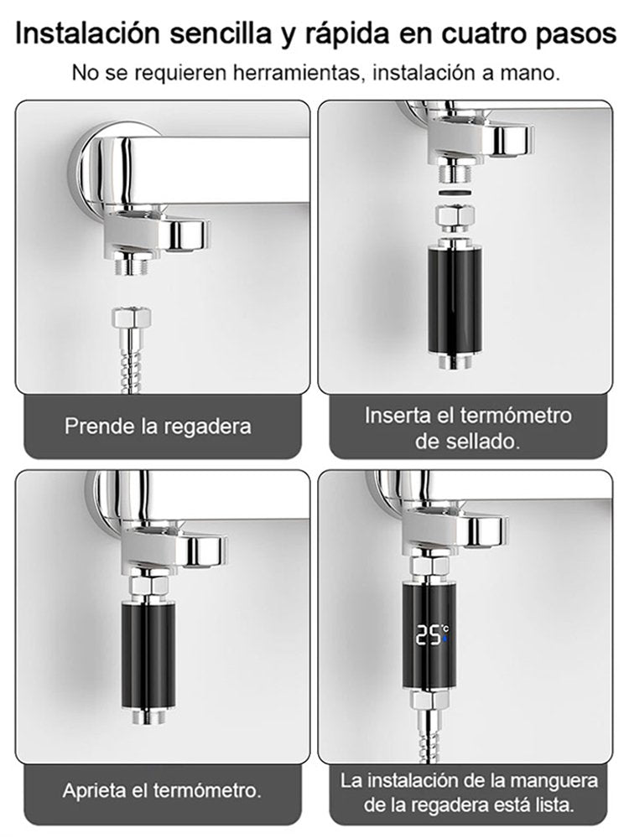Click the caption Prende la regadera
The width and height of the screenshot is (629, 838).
[158, 426]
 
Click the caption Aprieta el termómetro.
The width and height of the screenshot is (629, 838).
[162, 790]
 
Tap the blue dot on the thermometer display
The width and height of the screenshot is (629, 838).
[446, 639]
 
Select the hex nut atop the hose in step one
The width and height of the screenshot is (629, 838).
[132, 318]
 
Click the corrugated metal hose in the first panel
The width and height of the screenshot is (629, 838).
[132, 360]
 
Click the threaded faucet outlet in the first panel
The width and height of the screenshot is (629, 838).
[132, 266]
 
